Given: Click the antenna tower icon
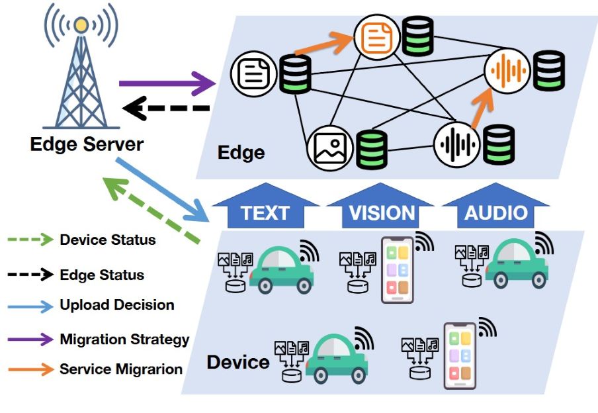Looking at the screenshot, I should click(x=80, y=73).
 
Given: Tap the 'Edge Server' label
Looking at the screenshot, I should click(x=87, y=144).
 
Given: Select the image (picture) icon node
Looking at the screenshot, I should click(x=329, y=146).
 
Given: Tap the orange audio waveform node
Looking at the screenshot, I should click(x=507, y=69).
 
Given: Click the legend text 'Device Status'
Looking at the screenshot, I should click(x=108, y=240).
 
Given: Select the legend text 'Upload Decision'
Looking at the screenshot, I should click(x=117, y=305).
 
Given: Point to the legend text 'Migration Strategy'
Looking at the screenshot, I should click(x=124, y=340).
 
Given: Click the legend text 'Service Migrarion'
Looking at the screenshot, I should click(x=121, y=369).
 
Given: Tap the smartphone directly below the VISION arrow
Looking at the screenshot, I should click(x=398, y=270).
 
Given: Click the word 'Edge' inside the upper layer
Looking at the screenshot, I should click(x=241, y=153).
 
